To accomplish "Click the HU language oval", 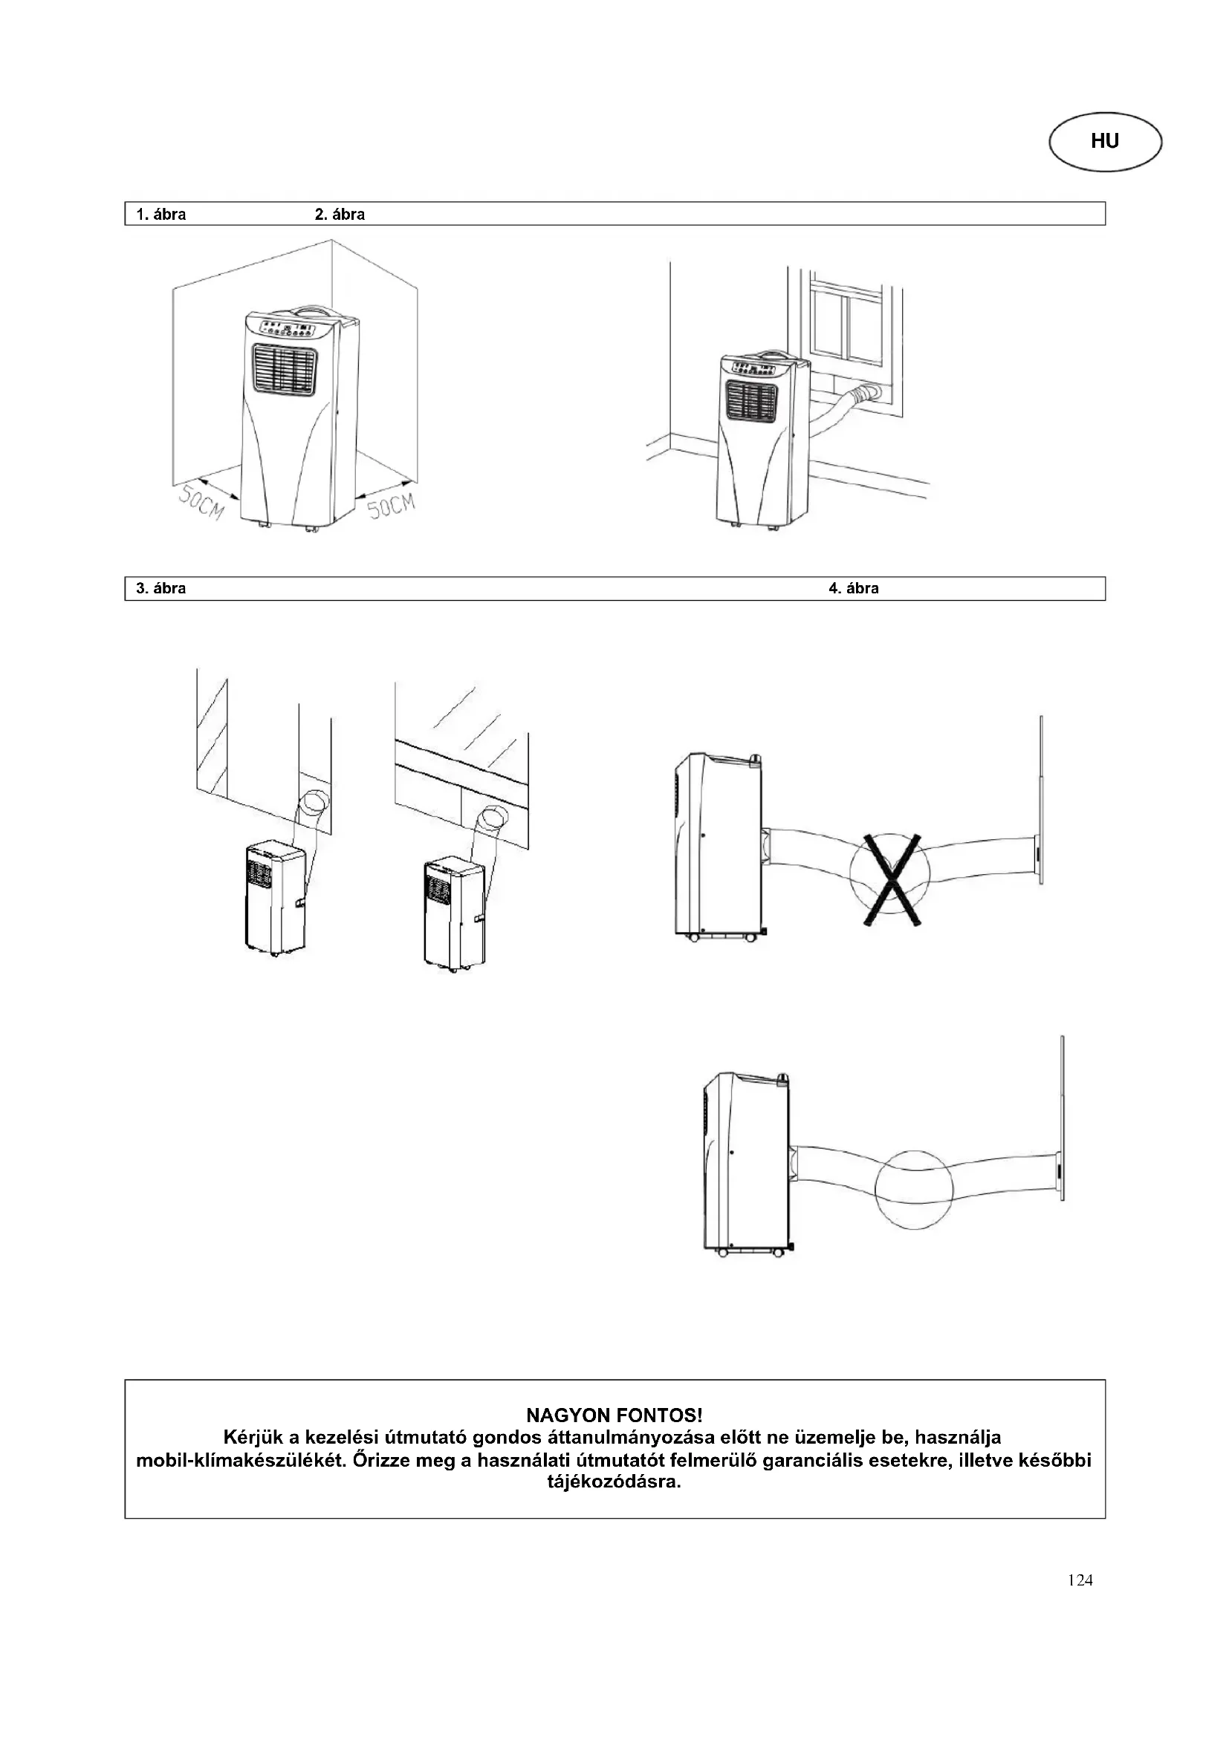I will pyautogui.click(x=1104, y=142).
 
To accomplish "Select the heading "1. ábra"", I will pyautogui.click(x=160, y=214).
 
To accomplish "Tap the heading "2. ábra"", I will pyautogui.click(x=339, y=214).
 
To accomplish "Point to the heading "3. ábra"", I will pyautogui.click(x=160, y=588).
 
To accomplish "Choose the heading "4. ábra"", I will pyautogui.click(x=854, y=588).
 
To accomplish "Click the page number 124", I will pyautogui.click(x=1080, y=1580).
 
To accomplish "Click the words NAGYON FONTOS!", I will pyautogui.click(x=614, y=1415).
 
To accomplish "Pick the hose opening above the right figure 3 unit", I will pyautogui.click(x=493, y=819).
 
